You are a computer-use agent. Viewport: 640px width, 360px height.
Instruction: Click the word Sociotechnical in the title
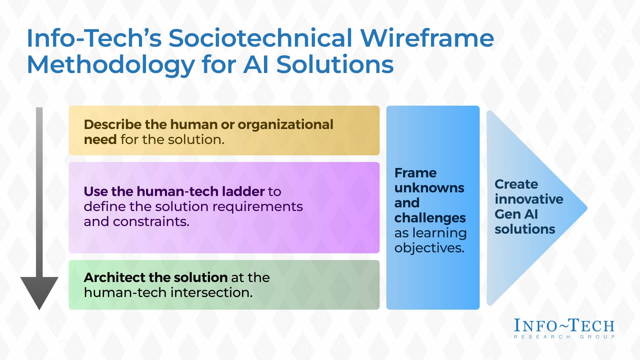coord(260,38)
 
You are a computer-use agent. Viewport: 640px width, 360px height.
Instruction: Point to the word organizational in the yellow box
coord(285,125)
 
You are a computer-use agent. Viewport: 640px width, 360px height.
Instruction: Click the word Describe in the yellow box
coord(113,125)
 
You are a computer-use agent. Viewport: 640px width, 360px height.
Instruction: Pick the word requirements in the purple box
coord(257,207)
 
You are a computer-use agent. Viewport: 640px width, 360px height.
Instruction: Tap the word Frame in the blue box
coord(415,173)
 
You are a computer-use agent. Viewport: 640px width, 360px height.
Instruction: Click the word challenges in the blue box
coord(430,218)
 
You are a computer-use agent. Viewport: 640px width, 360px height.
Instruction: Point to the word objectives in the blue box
coord(429,248)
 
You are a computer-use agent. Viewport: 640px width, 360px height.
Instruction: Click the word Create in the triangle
coord(516,184)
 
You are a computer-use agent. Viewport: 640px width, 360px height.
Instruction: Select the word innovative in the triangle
coord(529,199)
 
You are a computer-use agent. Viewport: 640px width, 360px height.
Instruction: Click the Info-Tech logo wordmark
coord(564,326)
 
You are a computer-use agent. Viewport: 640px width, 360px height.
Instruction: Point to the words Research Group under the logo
coord(564,337)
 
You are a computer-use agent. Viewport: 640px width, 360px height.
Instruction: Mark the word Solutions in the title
coord(335,65)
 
